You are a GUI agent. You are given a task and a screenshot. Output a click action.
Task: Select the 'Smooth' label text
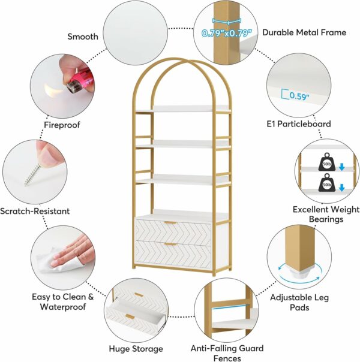point(82,37)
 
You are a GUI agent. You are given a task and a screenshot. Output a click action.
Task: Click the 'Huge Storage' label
point(136,348)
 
